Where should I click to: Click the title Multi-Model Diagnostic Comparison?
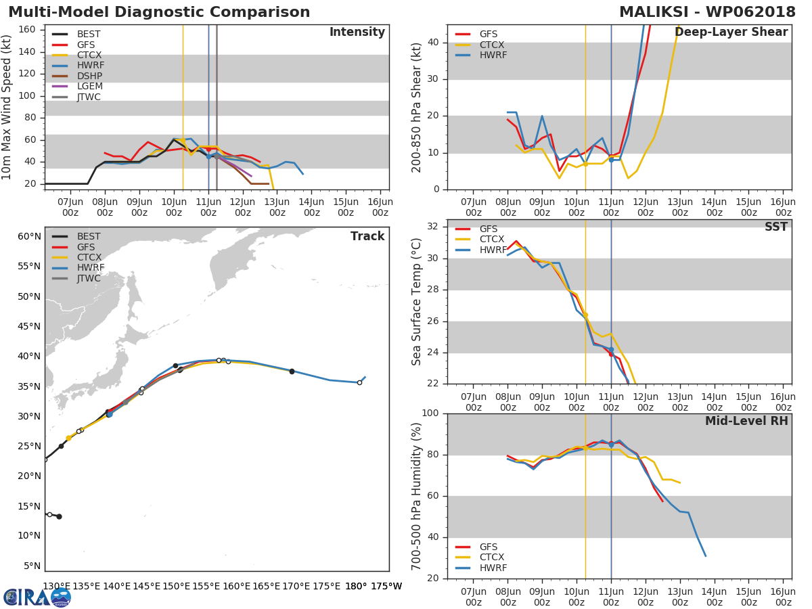pyautogui.click(x=159, y=12)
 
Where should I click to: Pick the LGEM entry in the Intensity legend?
pyautogui.click(x=90, y=87)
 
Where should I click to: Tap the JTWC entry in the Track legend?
pyautogui.click(x=89, y=279)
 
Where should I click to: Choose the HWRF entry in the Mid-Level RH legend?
pyautogui.click(x=493, y=568)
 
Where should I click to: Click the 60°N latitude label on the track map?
pyautogui.click(x=29, y=237)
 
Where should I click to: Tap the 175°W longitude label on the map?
pyautogui.click(x=386, y=586)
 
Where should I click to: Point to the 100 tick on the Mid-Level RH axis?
pyautogui.click(x=430, y=413)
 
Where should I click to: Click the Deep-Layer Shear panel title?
pyautogui.click(x=731, y=32)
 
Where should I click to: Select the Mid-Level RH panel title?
pyautogui.click(x=746, y=421)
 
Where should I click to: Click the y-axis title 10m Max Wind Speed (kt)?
pyautogui.click(x=7, y=106)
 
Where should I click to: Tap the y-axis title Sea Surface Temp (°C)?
pyautogui.click(x=417, y=302)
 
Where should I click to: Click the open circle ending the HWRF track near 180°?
pyautogui.click(x=359, y=382)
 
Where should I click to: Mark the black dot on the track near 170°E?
pyautogui.click(x=292, y=371)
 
